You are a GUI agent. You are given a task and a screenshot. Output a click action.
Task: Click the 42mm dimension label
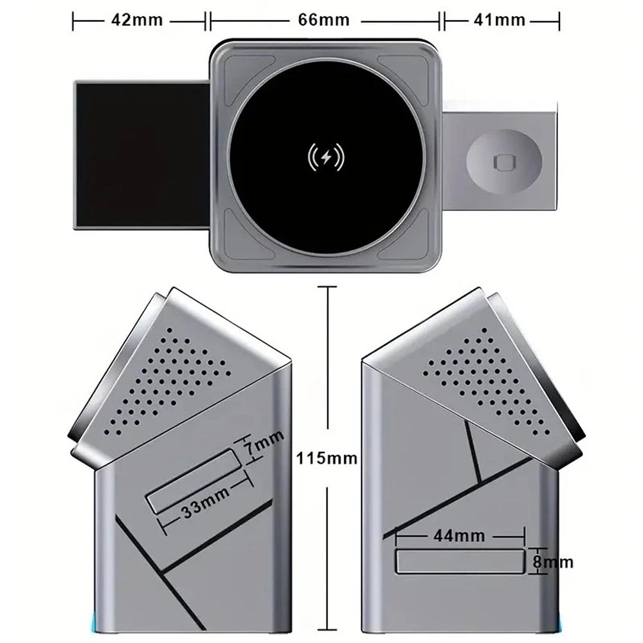pos(137,20)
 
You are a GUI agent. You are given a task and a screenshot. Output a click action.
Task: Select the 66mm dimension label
pos(323,20)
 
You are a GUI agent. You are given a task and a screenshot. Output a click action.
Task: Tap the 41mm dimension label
pos(500,20)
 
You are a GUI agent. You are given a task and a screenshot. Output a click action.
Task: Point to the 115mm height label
pos(327,458)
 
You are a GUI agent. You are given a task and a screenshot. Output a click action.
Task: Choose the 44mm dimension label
pos(459,535)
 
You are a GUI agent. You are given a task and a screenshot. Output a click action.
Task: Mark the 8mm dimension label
pos(553,562)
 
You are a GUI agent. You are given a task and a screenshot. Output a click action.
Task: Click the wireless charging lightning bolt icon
pos(327,158)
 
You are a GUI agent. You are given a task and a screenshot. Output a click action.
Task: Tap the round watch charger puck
pos(504,161)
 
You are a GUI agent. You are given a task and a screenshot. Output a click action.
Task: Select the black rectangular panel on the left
pos(142,155)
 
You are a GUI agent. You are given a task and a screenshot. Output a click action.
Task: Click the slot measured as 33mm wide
pos(194,481)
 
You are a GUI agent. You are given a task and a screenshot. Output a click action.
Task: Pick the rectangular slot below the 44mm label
pos(460,561)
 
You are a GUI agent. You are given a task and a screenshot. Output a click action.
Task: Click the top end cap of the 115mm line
pos(327,287)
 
